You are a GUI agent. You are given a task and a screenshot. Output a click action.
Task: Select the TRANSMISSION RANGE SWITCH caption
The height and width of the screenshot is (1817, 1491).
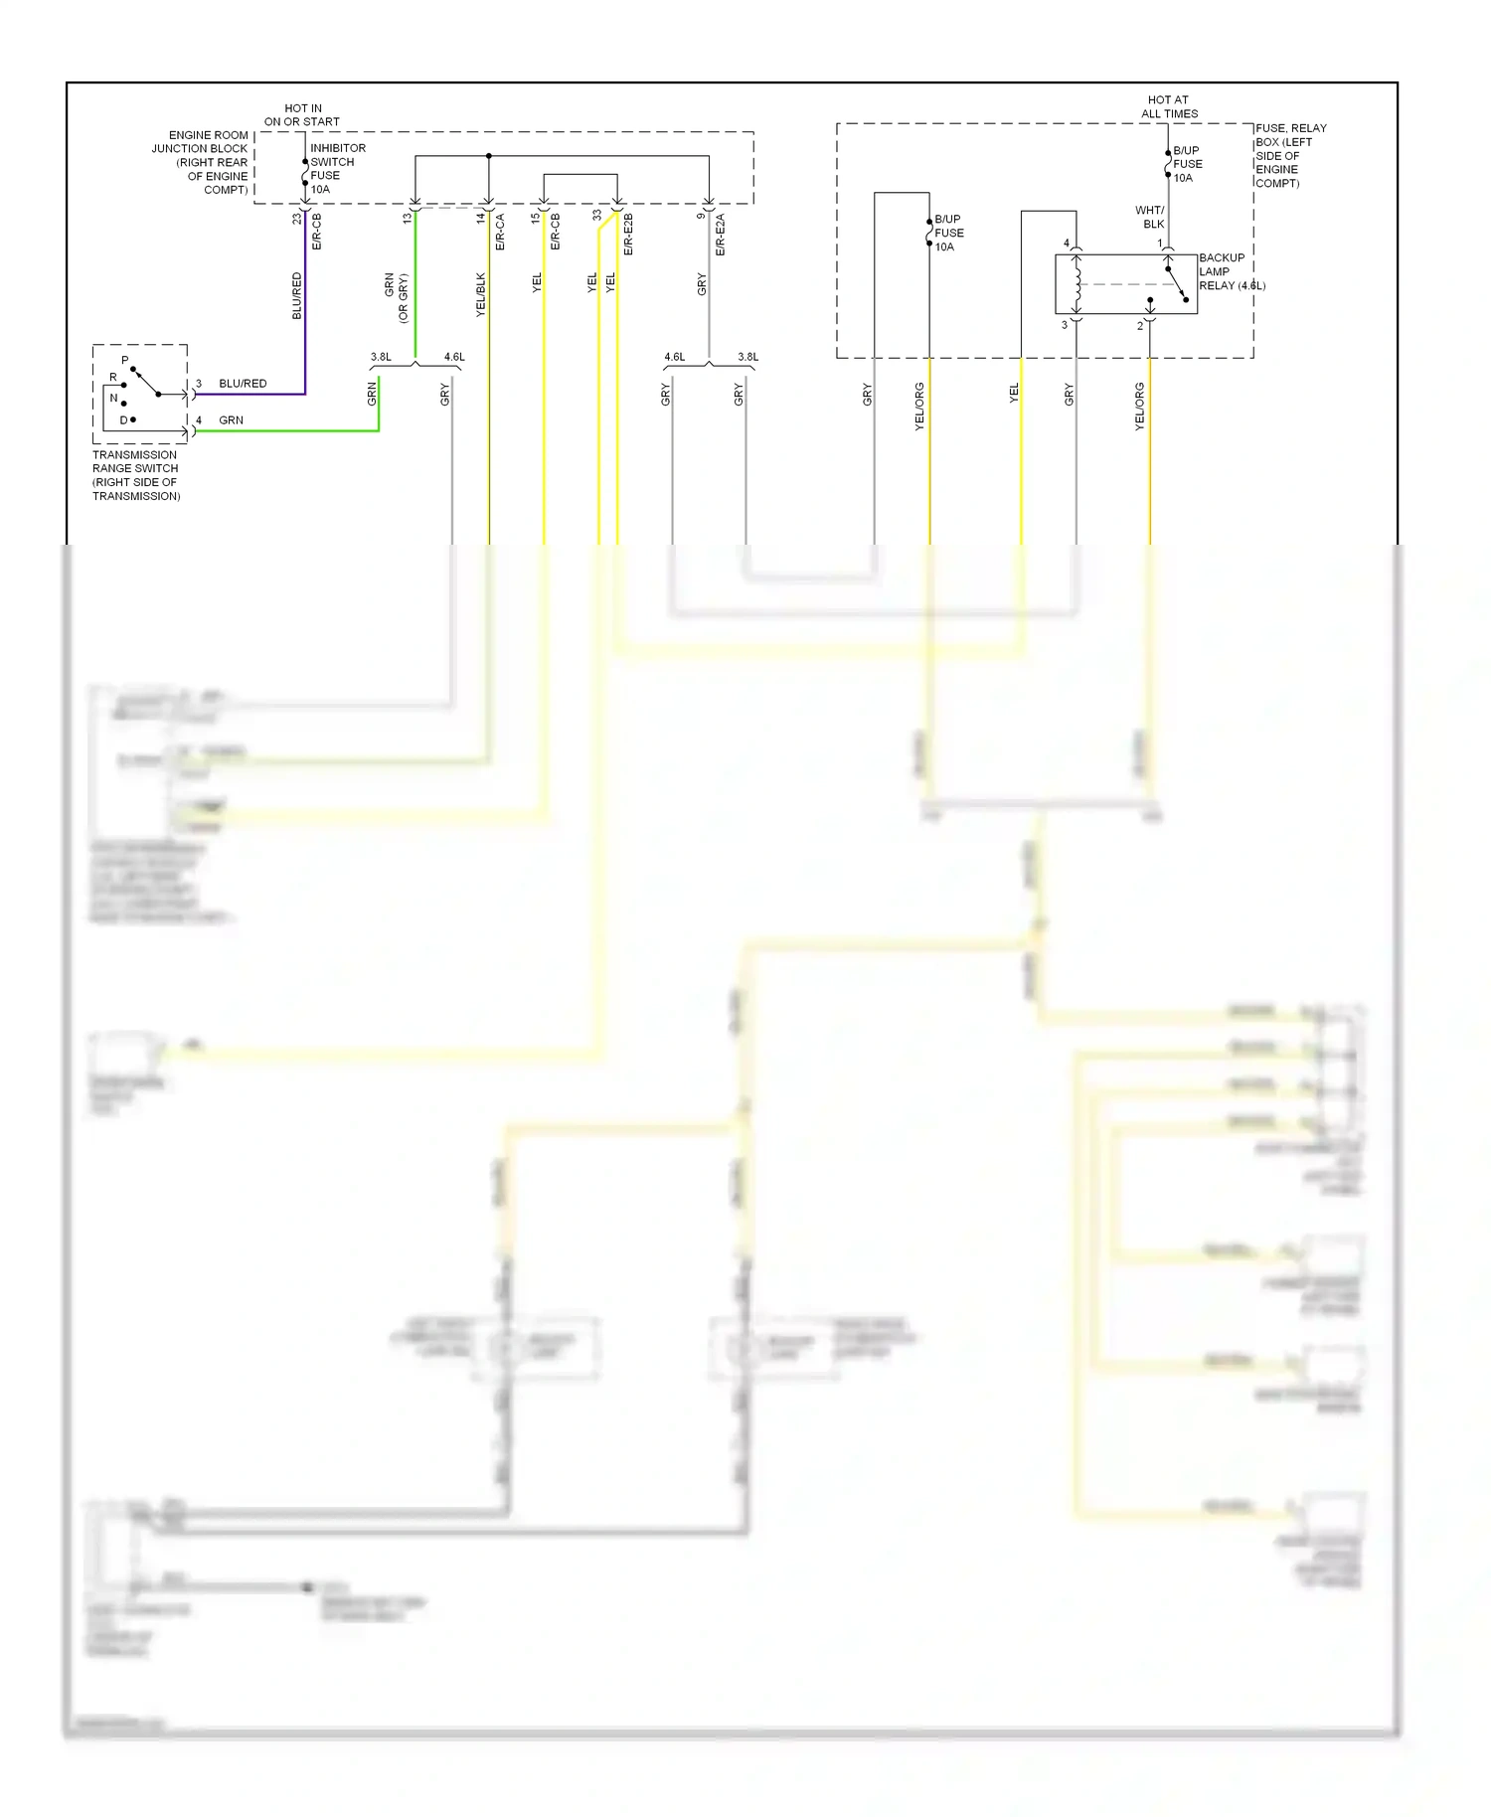tap(136, 475)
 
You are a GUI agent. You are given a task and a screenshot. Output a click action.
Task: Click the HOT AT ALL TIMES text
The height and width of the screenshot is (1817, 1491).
tap(1169, 106)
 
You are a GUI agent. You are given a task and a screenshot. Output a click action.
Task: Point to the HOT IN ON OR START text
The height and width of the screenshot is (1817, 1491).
tap(302, 115)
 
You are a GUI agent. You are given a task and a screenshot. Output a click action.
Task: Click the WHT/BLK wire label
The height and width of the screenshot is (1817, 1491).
tap(1150, 217)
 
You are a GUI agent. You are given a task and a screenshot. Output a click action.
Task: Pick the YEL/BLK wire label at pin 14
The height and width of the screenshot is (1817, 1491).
tap(481, 294)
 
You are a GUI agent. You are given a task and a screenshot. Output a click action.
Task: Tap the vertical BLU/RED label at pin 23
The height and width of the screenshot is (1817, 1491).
tap(296, 295)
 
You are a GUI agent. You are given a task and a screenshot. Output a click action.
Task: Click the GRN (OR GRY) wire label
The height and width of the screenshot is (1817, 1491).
tap(396, 297)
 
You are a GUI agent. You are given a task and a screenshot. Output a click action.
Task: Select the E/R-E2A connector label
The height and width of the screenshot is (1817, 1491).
tap(720, 235)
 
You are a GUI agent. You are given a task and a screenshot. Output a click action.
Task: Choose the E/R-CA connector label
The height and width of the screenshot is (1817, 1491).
tap(500, 232)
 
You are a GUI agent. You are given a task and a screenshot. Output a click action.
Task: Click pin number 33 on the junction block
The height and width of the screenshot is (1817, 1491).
tap(597, 215)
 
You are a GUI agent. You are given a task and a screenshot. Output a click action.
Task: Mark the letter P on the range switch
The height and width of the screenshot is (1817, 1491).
tap(125, 360)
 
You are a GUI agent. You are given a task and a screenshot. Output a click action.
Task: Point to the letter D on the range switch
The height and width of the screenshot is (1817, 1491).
tap(123, 419)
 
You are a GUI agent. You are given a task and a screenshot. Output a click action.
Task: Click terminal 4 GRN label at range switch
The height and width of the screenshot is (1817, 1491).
tap(231, 420)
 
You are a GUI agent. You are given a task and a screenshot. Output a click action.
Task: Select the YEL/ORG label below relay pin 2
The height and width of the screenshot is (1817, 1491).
tap(1140, 406)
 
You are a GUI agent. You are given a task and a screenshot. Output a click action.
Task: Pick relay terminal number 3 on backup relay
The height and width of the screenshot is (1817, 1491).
tap(1064, 325)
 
